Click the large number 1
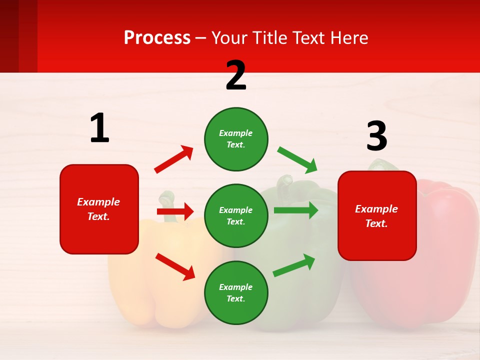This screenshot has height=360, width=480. [x=99, y=128]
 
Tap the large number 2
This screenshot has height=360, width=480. [x=236, y=75]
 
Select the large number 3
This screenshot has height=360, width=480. [x=376, y=136]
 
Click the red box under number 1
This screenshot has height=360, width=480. [x=99, y=209]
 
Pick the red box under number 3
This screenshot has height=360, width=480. [x=377, y=215]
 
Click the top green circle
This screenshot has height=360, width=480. [x=236, y=139]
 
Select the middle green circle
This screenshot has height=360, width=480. [x=236, y=215]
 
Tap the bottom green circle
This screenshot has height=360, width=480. [x=236, y=292]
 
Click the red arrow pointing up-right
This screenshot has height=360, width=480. [x=174, y=159]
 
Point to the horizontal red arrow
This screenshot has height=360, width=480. [x=175, y=211]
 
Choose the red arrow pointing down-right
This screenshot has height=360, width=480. [x=175, y=266]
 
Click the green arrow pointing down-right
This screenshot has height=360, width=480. [x=297, y=160]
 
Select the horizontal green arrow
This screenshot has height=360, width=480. [x=296, y=210]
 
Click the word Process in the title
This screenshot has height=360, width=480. [x=157, y=37]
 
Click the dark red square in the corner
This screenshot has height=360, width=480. [x=18, y=36]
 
